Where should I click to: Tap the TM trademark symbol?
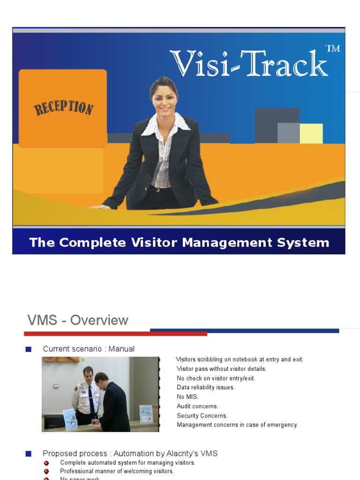click(332, 48)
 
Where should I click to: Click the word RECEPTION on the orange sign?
click(63, 108)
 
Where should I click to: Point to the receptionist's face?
click(165, 99)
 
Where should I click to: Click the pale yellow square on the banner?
click(311, 133)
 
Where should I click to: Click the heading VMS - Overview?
click(78, 321)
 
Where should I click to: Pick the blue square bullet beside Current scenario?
click(29, 349)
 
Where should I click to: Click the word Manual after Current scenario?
click(121, 349)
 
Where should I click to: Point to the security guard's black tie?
click(91, 398)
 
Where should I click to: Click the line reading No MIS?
click(187, 397)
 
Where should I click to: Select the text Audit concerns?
click(197, 406)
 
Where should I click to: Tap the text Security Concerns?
click(202, 415)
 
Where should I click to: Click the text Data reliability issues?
click(205, 387)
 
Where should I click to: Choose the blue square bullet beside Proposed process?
click(29, 454)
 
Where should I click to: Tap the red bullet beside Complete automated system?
click(46, 463)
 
